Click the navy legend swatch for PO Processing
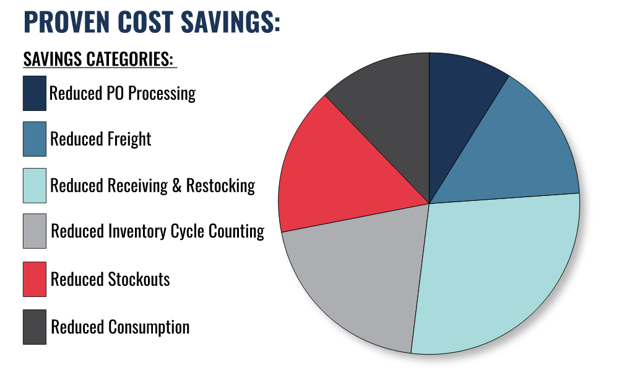point(35,93)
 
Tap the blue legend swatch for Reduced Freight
point(35,139)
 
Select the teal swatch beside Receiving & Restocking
point(35,185)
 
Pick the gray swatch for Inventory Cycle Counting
point(35,232)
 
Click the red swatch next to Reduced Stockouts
point(35,279)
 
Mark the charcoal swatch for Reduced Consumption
point(35,327)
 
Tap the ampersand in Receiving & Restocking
point(176,185)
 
